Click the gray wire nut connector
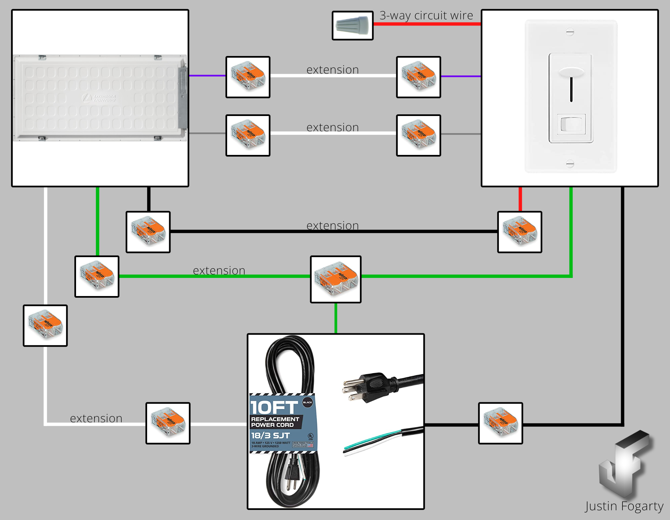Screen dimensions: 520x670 tap(352, 25)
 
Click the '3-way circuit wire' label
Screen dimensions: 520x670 tap(426, 15)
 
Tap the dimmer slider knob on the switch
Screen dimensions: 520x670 tap(571, 72)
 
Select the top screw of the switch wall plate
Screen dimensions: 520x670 tap(570, 32)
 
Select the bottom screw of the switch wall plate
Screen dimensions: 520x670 tap(570, 164)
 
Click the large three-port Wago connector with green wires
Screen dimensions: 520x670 tap(335, 279)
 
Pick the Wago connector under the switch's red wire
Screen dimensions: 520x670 tap(519, 232)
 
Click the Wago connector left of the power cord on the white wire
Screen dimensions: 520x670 tap(167, 423)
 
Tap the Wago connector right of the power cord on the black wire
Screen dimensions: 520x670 tap(500, 423)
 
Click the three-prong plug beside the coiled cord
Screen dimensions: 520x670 tap(372, 387)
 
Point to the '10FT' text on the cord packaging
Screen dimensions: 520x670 tap(274, 408)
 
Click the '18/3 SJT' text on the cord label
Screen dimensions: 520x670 tap(270, 436)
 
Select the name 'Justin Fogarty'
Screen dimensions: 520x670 tap(624, 506)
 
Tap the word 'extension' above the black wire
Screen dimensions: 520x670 tap(332, 226)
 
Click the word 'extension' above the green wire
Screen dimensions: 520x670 tap(219, 271)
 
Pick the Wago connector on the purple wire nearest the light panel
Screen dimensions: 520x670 tap(248, 77)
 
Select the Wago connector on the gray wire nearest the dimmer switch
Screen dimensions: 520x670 tap(418, 135)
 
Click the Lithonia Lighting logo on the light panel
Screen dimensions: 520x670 tap(99, 98)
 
